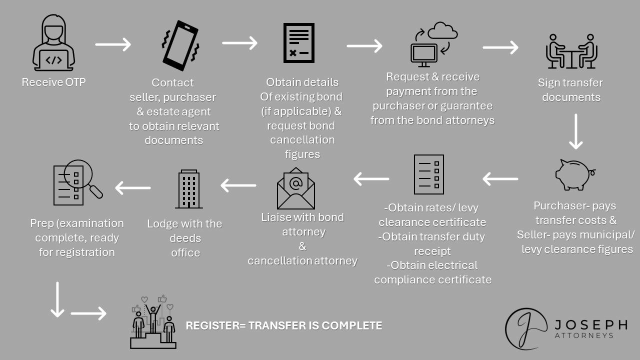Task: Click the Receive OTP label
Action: [53, 82]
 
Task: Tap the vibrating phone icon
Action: [180, 45]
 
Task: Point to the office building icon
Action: [189, 189]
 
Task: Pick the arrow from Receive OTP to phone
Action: [113, 44]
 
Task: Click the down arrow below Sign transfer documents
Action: [576, 131]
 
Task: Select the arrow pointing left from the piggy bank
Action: [500, 178]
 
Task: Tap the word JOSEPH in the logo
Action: [590, 325]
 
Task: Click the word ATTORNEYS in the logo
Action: [584, 336]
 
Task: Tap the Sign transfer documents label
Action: [570, 90]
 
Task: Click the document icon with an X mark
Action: [299, 42]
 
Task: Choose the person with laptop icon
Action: [53, 45]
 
